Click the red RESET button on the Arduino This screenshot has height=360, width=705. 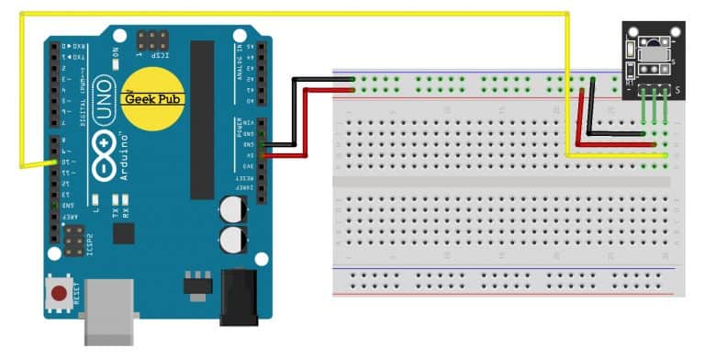pos(59,295)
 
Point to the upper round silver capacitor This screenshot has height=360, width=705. pos(231,209)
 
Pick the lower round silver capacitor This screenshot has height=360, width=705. pos(231,242)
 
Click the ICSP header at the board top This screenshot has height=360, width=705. pos(152,41)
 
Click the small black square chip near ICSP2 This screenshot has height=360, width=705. pos(122,234)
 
